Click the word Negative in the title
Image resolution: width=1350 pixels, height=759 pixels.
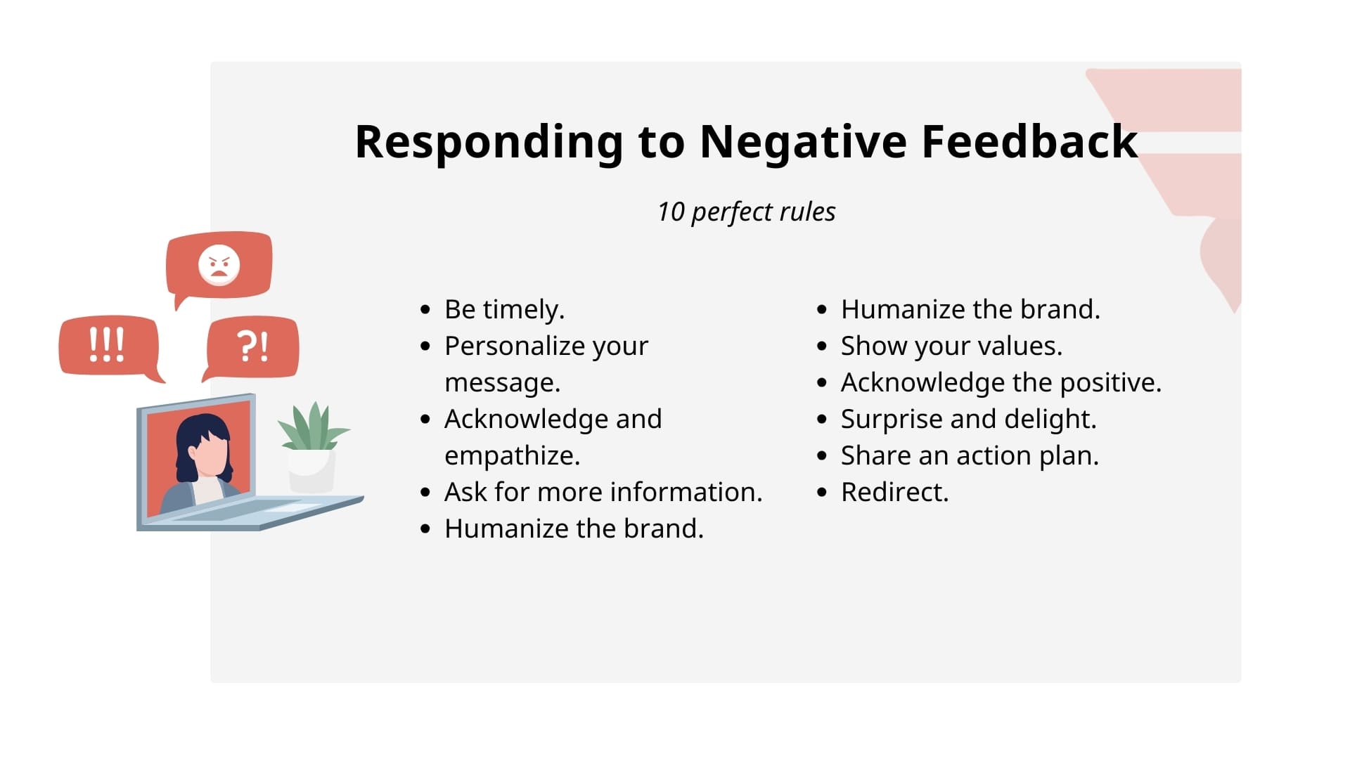[x=803, y=142]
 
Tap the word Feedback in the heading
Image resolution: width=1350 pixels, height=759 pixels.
[x=1029, y=142]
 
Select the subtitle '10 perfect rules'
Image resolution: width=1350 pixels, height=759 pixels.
[x=746, y=212]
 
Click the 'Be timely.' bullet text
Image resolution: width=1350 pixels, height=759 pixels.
[x=504, y=309]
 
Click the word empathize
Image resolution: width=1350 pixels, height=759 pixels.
[x=512, y=455]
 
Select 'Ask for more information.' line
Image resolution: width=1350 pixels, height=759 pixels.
[x=603, y=492]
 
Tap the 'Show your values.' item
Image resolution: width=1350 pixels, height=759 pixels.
[x=951, y=346]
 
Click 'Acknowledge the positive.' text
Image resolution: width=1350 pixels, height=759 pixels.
[x=1001, y=382]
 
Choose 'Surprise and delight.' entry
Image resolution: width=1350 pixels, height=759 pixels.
[x=968, y=419]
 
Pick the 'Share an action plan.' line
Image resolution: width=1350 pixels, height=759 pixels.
[x=969, y=455]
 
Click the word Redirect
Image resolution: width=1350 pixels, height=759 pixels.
[x=894, y=492]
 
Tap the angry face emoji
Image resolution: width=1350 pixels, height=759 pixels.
[x=219, y=265]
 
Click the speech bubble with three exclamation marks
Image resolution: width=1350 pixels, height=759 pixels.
[x=108, y=345]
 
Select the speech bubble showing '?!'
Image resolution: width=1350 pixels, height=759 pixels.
[x=252, y=346]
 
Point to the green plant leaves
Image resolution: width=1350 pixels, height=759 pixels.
[x=312, y=427]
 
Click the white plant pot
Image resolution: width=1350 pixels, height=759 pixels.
[x=311, y=471]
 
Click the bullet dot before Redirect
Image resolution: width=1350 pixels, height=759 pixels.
[x=822, y=493]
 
